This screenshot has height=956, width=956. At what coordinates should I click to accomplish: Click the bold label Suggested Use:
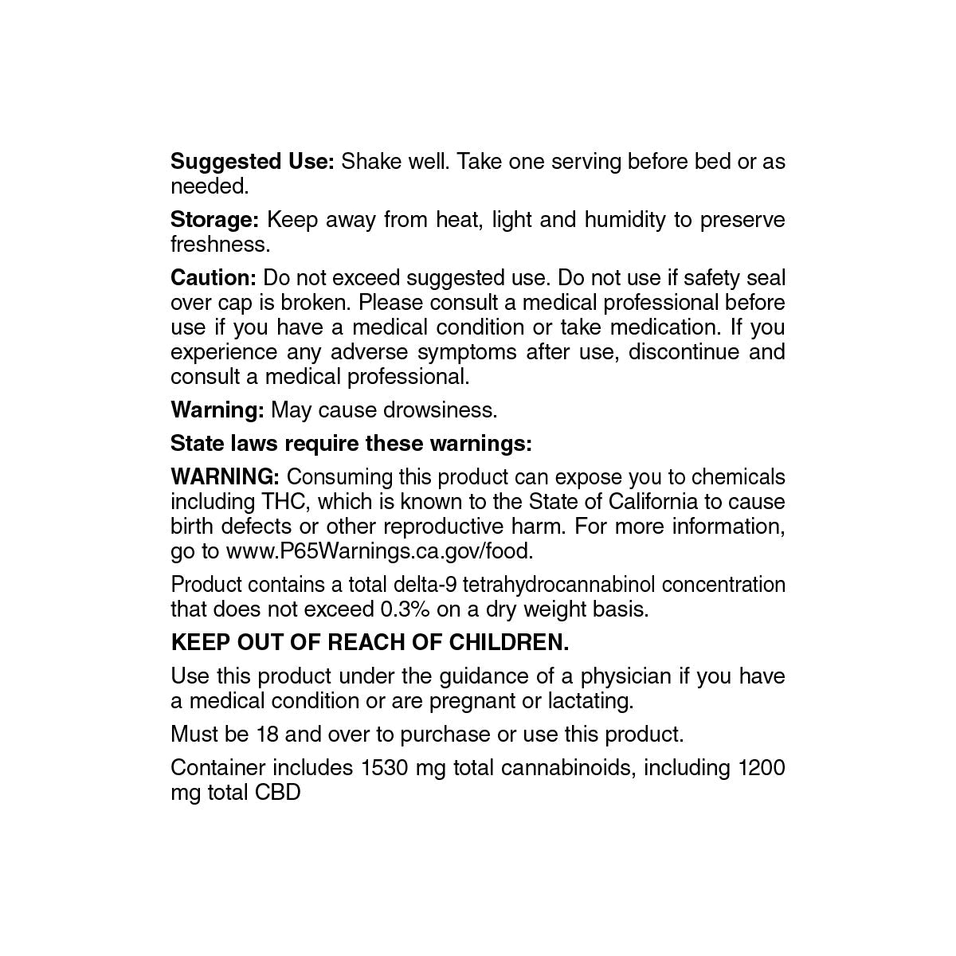click(x=253, y=162)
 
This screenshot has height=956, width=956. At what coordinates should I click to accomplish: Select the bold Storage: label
click(x=214, y=220)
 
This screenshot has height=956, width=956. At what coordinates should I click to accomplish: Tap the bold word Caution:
click(x=214, y=278)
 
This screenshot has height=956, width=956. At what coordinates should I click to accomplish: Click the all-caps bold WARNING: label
click(x=225, y=477)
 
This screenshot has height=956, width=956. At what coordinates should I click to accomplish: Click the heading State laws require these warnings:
click(x=351, y=444)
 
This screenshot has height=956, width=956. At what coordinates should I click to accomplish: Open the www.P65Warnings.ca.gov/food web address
click(x=379, y=551)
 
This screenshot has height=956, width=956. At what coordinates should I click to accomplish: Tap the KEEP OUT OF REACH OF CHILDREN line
click(x=370, y=643)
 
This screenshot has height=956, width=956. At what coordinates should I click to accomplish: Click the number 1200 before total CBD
click(x=762, y=768)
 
